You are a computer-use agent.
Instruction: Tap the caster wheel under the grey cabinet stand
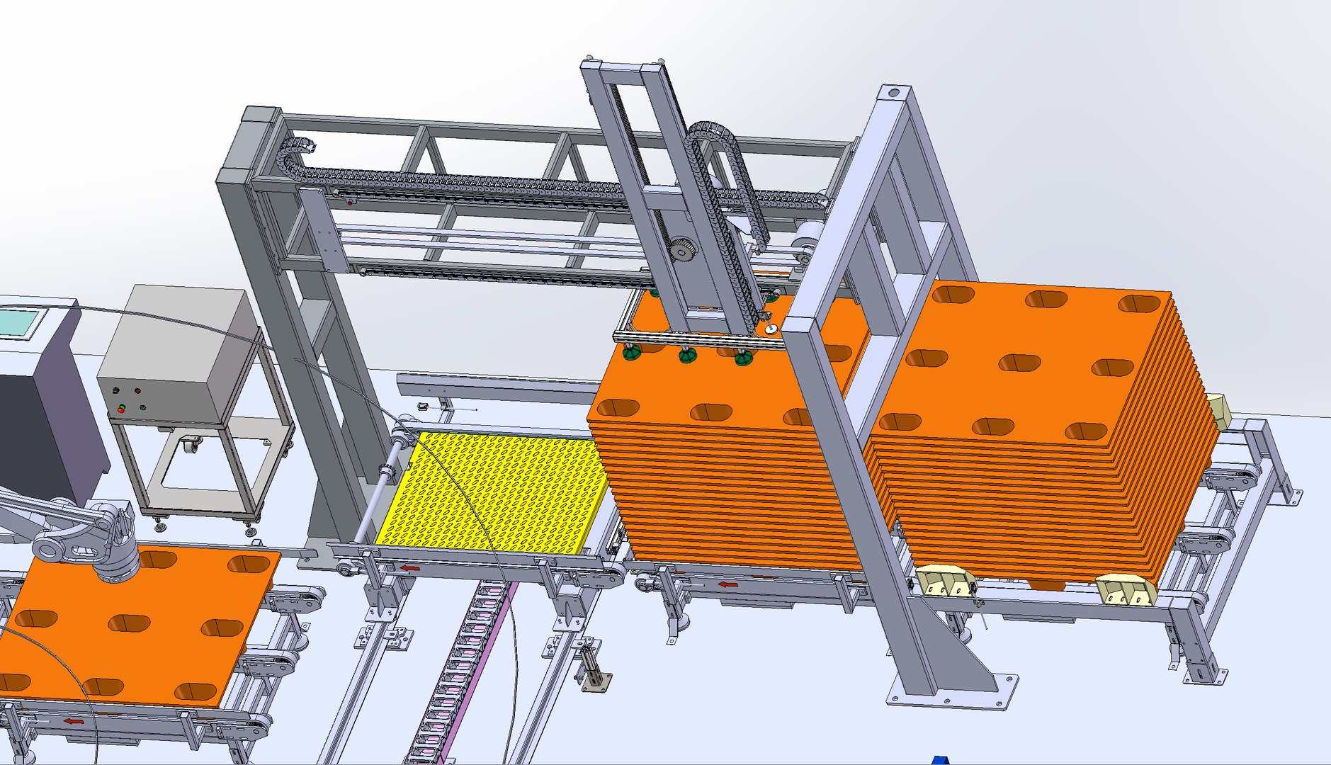pyautogui.click(x=189, y=446)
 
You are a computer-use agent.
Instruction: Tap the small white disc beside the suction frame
pyautogui.click(x=771, y=328)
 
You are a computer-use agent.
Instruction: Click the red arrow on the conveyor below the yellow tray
pyautogui.click(x=409, y=567)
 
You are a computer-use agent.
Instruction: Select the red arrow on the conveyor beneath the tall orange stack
pyautogui.click(x=727, y=585)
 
